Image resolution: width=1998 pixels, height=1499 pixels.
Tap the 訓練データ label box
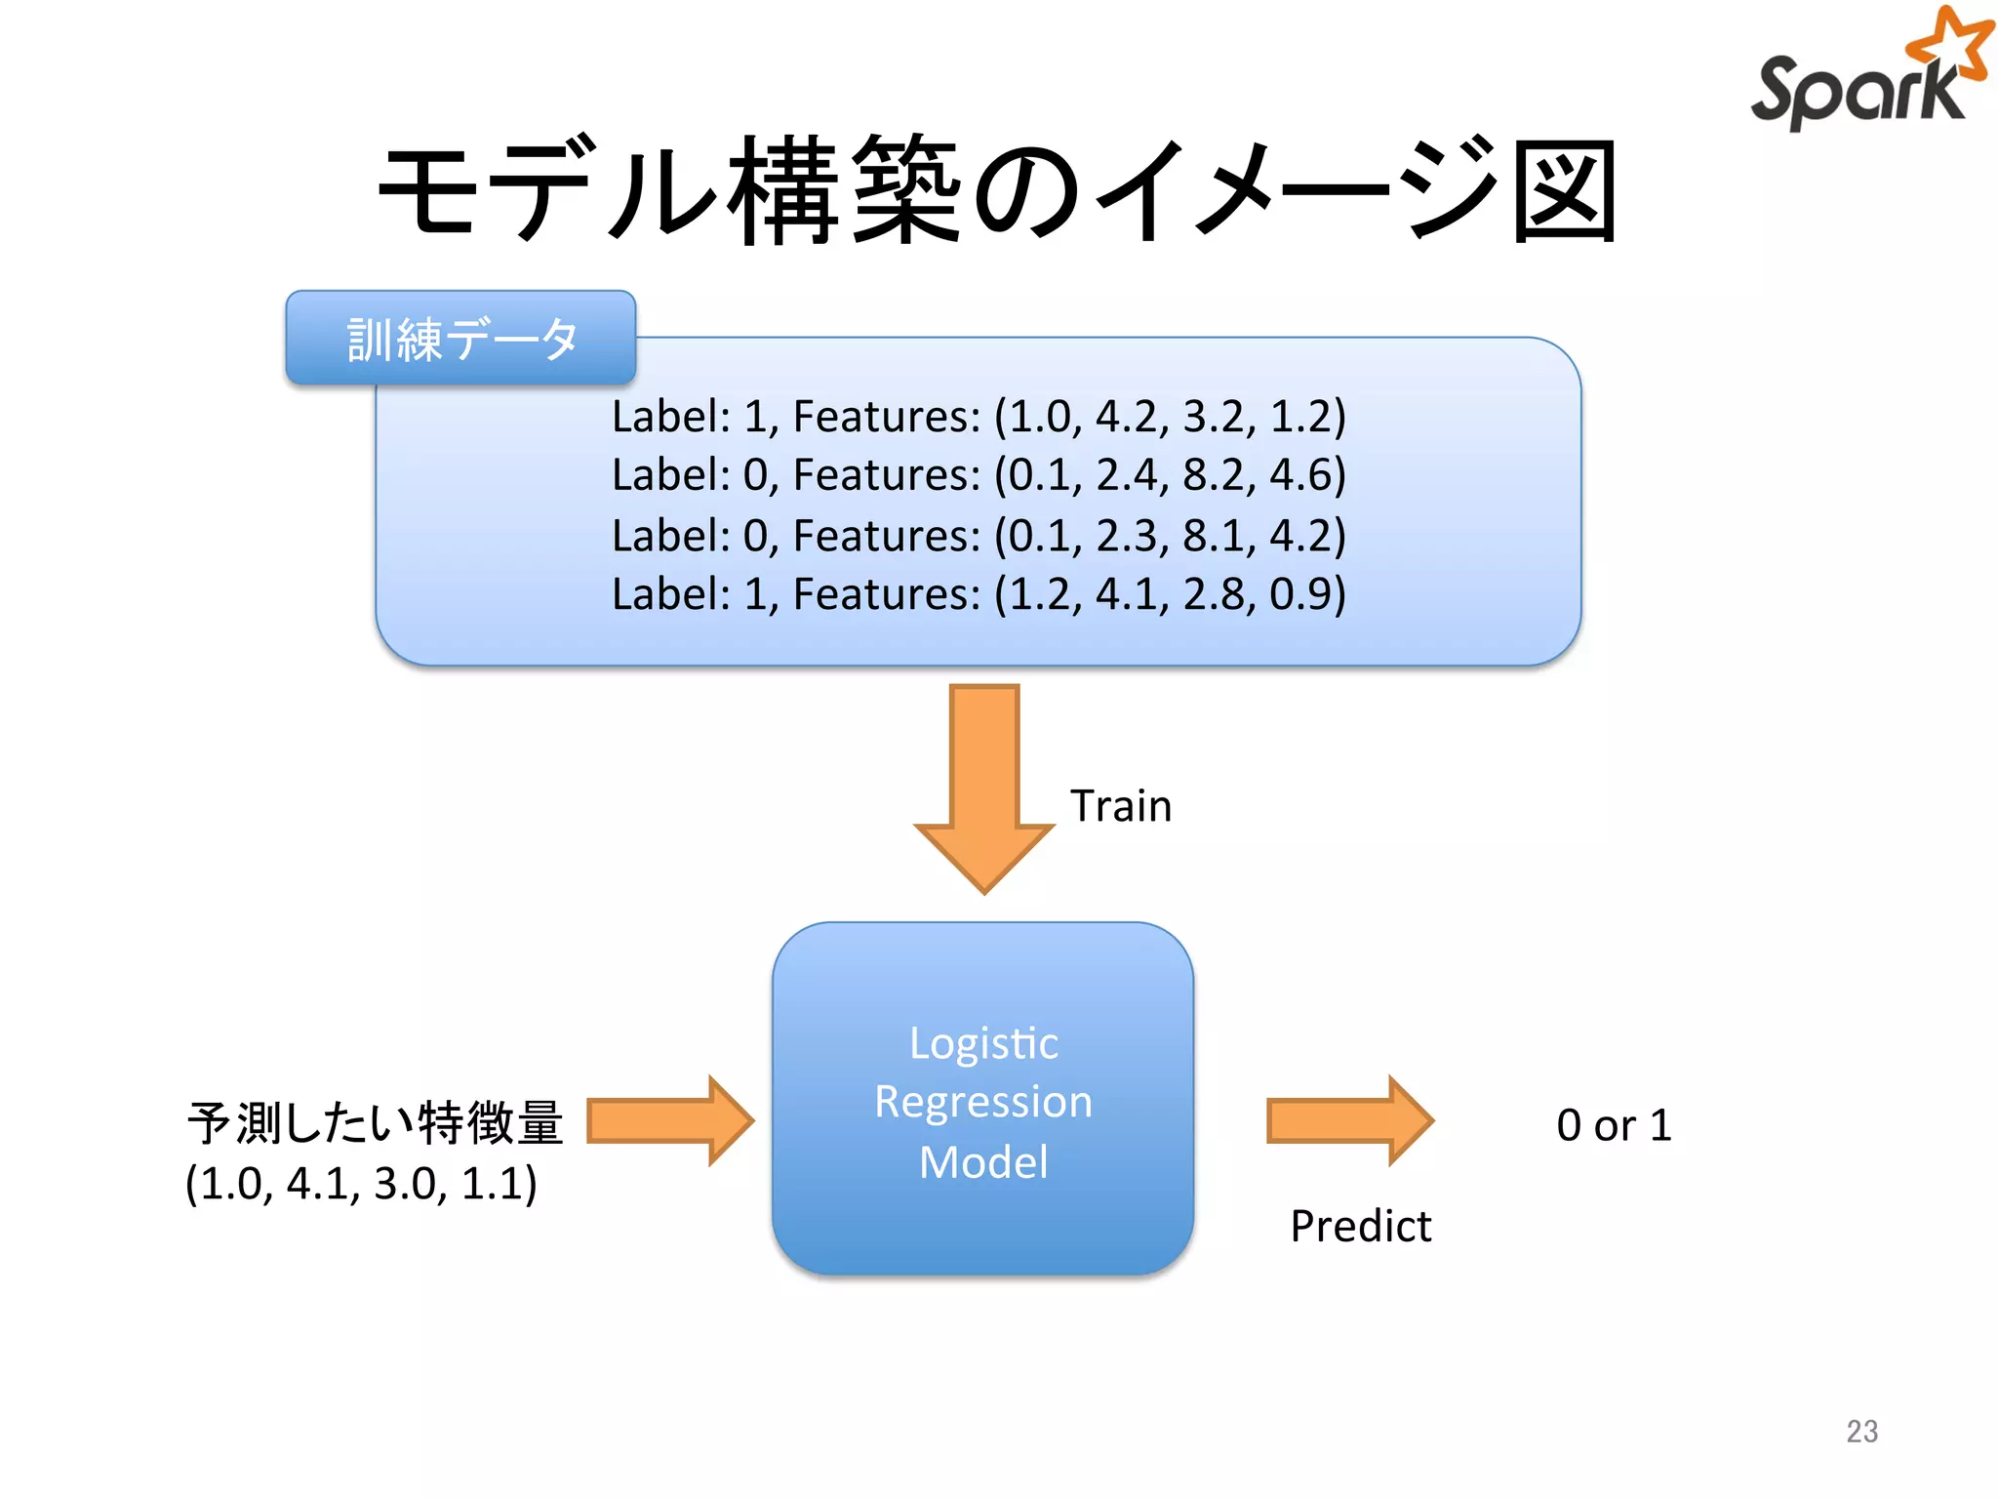tap(460, 339)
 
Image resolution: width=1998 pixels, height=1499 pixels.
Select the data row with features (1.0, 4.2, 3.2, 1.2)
tap(979, 417)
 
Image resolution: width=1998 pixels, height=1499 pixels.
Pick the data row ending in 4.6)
tap(979, 475)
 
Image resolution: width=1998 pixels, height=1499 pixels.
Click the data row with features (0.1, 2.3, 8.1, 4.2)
tap(979, 536)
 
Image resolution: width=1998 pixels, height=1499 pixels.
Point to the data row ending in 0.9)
tap(979, 594)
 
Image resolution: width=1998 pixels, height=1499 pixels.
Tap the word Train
tap(1120, 806)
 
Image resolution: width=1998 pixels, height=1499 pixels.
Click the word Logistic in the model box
tap(983, 1043)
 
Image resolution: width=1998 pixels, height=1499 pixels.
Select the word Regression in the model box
tap(983, 1102)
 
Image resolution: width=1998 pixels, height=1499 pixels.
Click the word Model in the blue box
tap(983, 1162)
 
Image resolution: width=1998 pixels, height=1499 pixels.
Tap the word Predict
tap(1360, 1226)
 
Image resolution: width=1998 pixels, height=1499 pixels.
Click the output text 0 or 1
tap(1614, 1125)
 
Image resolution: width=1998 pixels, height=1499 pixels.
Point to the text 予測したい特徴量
tap(376, 1123)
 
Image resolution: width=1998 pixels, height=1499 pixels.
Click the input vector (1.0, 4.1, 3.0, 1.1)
tap(361, 1184)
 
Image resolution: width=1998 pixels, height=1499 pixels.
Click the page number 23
tap(1861, 1431)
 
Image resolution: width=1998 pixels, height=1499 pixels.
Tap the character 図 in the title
tap(1565, 190)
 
